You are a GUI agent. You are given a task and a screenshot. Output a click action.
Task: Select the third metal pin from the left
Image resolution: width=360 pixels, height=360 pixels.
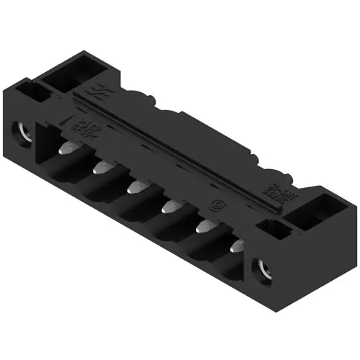click(x=135, y=189)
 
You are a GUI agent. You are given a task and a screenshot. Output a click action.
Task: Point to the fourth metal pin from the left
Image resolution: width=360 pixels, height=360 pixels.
click(x=168, y=209)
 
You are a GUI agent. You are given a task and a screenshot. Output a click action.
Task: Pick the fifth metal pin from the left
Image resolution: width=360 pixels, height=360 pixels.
click(x=202, y=228)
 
